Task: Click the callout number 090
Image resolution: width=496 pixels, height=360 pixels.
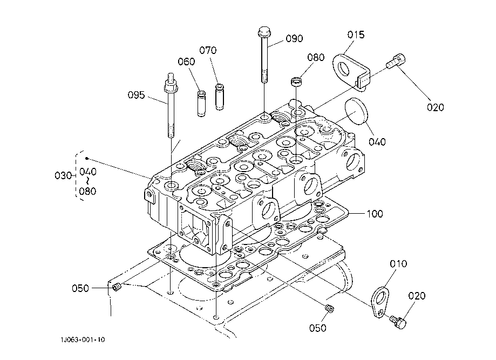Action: click(x=294, y=39)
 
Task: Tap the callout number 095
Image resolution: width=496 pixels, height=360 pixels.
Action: click(x=137, y=95)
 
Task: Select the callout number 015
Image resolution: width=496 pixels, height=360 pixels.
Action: click(x=356, y=35)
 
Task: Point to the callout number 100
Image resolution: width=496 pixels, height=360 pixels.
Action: click(x=375, y=214)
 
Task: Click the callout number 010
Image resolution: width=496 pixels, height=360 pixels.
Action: click(x=398, y=263)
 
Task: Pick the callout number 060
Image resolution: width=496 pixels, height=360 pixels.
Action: click(x=186, y=62)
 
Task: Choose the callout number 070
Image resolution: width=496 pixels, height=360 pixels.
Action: click(x=208, y=50)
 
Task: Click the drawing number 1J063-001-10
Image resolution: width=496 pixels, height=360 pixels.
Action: click(x=83, y=339)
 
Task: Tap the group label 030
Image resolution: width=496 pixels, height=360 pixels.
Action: click(x=63, y=175)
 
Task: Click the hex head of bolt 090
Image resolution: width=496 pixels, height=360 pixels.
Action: click(x=264, y=32)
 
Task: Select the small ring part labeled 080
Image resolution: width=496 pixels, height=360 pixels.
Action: click(x=296, y=81)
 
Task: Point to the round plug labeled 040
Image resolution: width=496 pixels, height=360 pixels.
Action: click(x=356, y=112)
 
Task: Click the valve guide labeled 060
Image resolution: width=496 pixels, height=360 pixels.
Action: click(x=201, y=104)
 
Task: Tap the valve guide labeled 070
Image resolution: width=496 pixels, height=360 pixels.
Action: click(x=220, y=97)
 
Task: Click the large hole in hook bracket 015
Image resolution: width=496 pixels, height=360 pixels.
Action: click(x=344, y=69)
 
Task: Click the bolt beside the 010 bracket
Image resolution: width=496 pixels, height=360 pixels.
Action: click(x=398, y=322)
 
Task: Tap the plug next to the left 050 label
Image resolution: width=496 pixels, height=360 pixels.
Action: click(x=117, y=287)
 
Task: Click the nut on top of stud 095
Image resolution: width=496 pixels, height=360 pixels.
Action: click(x=171, y=85)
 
